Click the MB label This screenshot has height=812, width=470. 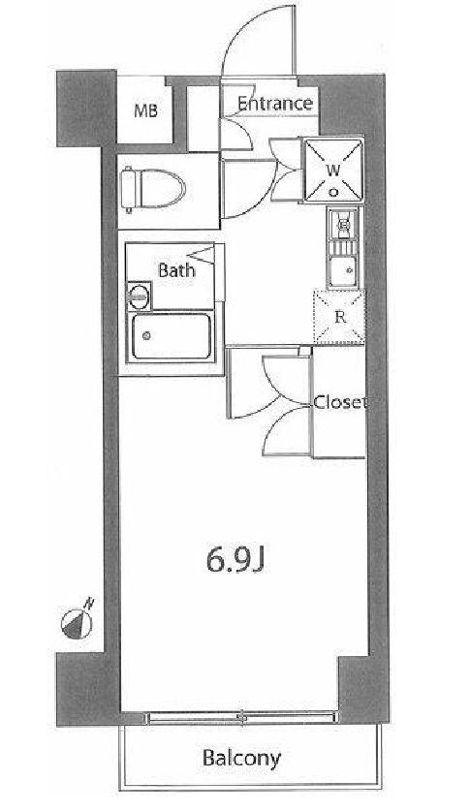click(145, 110)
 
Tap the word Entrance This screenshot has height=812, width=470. click(275, 104)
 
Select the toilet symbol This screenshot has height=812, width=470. click(153, 189)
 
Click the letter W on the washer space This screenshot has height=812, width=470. click(333, 169)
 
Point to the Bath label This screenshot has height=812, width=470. click(176, 269)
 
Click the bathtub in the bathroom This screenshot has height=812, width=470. click(172, 337)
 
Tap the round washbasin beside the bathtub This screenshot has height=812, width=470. click(139, 297)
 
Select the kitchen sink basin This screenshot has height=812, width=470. click(341, 271)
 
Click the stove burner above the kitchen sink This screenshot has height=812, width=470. click(342, 225)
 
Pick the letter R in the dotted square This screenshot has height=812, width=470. click(340, 318)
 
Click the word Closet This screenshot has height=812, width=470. click(340, 402)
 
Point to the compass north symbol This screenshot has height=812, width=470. click(77, 622)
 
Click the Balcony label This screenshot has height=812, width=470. click(241, 758)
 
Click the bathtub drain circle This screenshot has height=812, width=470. click(146, 336)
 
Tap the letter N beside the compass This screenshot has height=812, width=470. click(90, 603)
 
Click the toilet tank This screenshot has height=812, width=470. click(128, 189)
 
